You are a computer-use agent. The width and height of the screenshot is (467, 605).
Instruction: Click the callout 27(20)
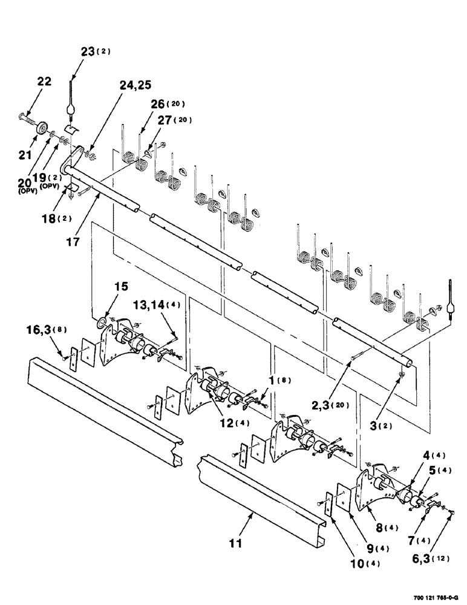[175, 120]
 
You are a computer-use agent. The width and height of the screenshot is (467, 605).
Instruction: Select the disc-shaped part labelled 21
[43, 128]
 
